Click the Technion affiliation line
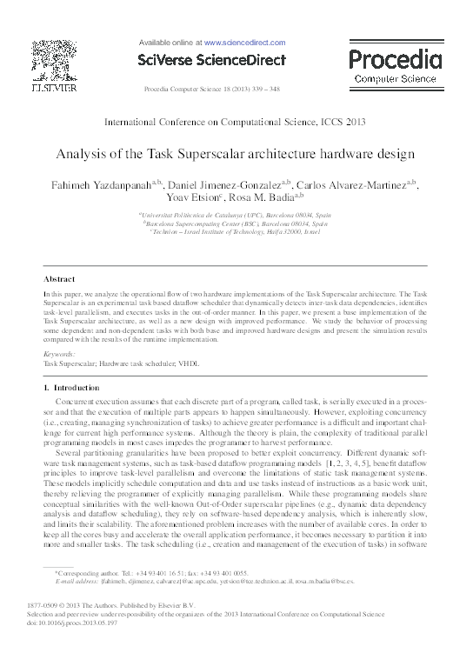236,233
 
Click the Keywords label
60,355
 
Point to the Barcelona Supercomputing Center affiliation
236,223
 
